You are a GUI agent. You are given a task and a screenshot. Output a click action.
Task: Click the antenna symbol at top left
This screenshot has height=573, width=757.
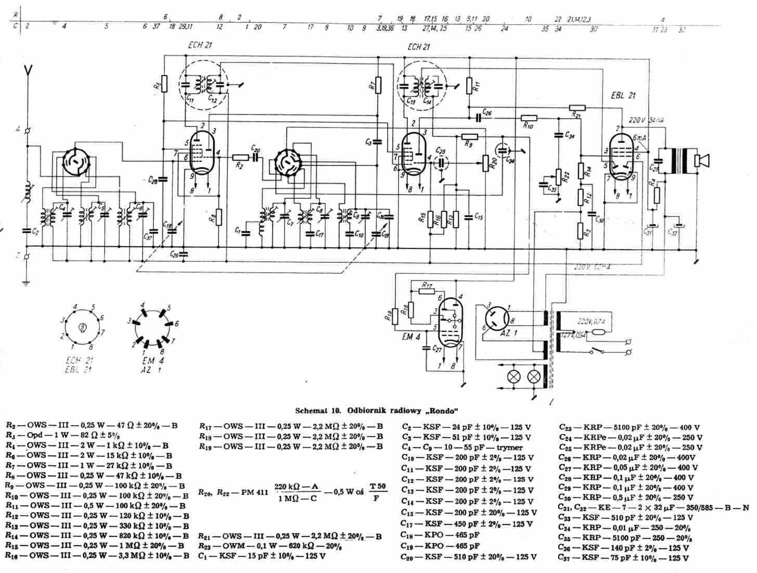point(29,72)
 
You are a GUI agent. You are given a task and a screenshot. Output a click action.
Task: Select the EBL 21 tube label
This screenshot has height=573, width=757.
point(623,96)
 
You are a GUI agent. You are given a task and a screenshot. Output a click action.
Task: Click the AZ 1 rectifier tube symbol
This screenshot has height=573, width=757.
point(497,318)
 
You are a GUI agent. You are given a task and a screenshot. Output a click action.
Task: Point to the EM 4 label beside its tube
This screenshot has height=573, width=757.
point(411,337)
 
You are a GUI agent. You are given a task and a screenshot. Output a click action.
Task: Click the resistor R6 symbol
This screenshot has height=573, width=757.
point(164,84)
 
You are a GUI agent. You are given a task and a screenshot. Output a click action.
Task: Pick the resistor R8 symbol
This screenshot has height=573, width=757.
point(219,217)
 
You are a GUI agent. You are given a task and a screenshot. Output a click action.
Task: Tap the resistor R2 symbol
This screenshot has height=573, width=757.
point(240,157)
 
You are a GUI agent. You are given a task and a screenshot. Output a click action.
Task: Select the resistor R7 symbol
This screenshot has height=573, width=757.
point(378,85)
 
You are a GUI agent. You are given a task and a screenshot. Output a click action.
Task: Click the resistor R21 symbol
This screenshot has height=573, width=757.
point(578,108)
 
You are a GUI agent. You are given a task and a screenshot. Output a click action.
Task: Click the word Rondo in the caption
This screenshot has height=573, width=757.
point(442,411)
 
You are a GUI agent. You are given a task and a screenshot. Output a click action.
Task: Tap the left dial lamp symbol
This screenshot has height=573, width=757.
point(515,377)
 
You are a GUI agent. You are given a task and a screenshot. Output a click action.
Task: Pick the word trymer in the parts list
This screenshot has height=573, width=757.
point(509,448)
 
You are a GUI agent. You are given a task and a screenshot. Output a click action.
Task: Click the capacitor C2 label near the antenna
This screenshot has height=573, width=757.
point(35,232)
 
